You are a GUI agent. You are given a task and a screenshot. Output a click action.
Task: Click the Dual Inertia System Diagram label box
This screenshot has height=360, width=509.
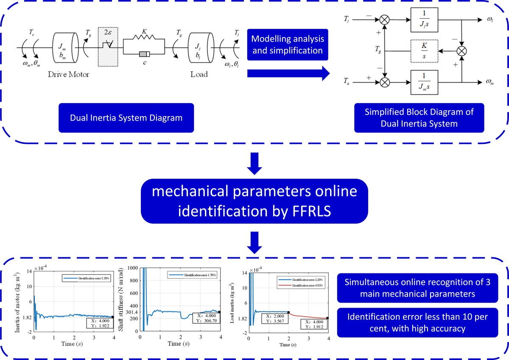coord(126,118)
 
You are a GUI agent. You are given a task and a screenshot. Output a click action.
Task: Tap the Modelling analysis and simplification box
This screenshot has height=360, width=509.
coord(288,45)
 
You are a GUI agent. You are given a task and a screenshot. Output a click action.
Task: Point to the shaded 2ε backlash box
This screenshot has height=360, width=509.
coord(110,46)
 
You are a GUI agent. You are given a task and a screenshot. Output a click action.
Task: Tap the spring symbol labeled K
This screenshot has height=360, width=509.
coord(144,37)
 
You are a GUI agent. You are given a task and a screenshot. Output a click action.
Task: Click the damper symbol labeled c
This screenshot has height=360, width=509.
coord(144,54)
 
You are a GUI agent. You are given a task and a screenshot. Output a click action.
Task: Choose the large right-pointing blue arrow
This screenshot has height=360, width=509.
coord(288,73)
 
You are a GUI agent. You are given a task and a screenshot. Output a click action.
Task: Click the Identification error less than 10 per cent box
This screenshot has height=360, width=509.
coord(417,322)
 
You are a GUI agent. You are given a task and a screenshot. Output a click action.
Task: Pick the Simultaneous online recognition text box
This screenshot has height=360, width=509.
coord(417,288)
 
